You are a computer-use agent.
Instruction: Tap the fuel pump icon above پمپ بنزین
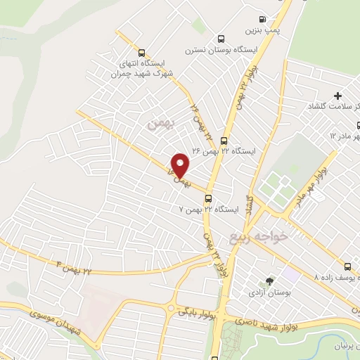point(262,20)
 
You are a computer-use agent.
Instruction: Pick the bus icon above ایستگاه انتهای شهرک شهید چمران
point(142,53)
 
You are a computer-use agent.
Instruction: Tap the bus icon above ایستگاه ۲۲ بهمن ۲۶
point(224,140)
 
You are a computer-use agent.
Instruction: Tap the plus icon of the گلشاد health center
point(337,95)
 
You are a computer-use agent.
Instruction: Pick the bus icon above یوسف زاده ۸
point(348,266)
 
